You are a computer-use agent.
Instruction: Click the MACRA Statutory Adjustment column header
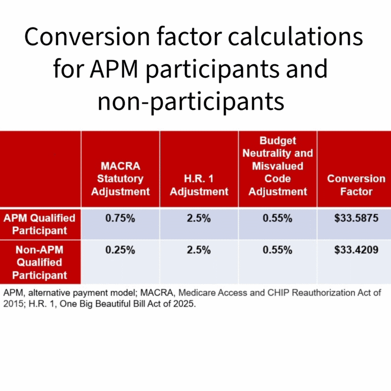click(x=120, y=179)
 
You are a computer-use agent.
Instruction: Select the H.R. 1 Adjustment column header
click(x=199, y=185)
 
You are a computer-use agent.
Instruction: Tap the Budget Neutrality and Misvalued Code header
click(x=278, y=166)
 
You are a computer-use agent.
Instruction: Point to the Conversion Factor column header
click(x=356, y=185)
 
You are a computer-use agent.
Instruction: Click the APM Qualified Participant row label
click(x=40, y=224)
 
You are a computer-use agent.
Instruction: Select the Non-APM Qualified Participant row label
click(x=40, y=263)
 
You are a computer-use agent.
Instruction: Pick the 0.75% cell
click(x=120, y=218)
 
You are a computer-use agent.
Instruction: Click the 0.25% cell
click(x=120, y=250)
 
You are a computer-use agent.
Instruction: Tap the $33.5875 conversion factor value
click(x=356, y=218)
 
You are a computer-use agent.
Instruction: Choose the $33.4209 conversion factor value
click(x=356, y=250)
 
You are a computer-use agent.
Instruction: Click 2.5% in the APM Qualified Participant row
click(x=199, y=218)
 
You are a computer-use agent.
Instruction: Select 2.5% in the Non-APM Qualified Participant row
click(x=199, y=250)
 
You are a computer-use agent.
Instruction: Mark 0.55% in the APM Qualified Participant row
click(x=278, y=218)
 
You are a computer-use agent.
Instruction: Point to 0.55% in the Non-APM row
click(x=278, y=250)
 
